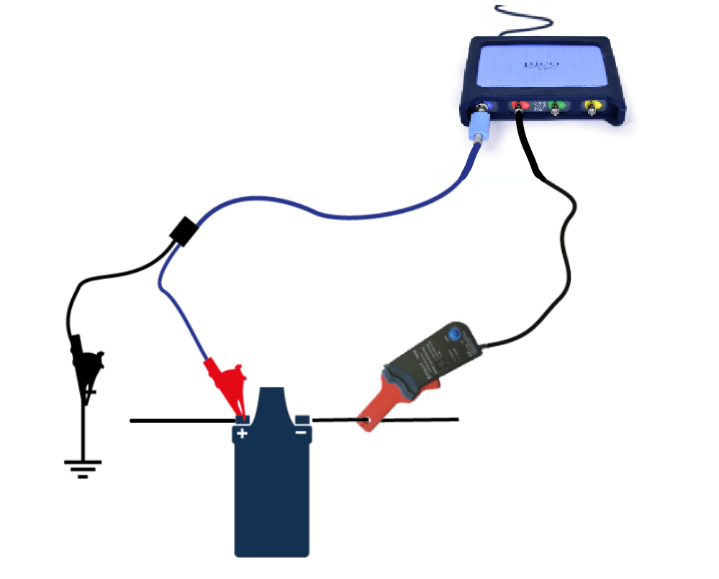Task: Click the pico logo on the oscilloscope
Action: tap(537, 65)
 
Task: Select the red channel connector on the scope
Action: tap(518, 106)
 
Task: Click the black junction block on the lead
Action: tap(184, 232)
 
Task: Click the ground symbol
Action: tap(83, 466)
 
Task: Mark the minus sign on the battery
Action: tap(300, 432)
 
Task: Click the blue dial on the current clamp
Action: tap(454, 335)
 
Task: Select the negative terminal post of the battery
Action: tap(302, 419)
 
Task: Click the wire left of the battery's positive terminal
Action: tap(180, 421)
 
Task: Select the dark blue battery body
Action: tap(272, 496)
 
